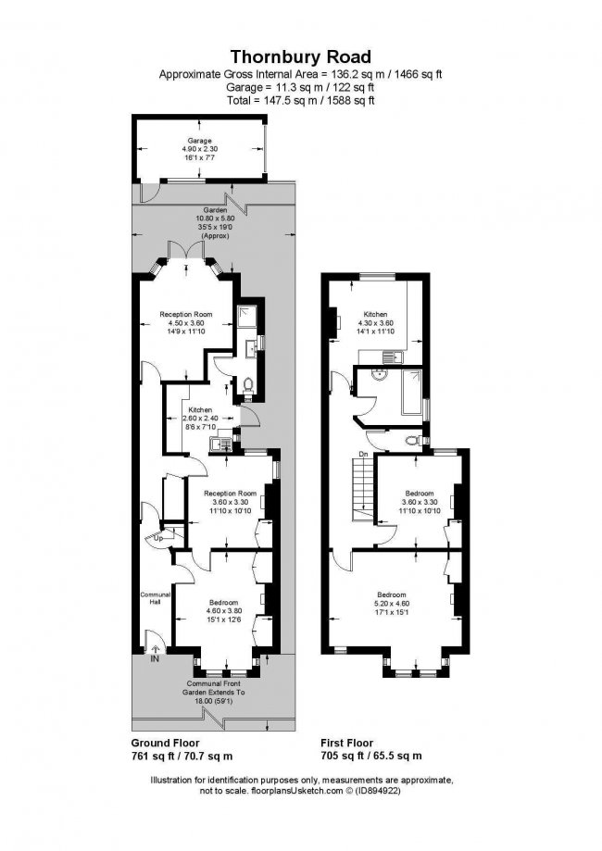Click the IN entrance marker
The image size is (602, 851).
[x=154, y=658]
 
